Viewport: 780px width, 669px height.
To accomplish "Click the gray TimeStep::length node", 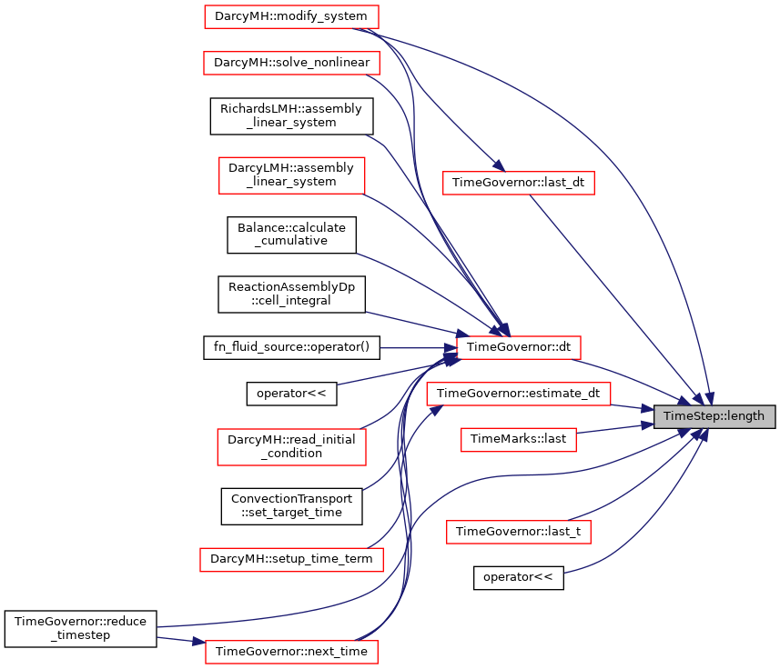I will point(714,416).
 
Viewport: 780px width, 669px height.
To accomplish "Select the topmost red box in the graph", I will point(291,16).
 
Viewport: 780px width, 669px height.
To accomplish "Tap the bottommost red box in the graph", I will point(291,652).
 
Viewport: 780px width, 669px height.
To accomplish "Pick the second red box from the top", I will point(291,63).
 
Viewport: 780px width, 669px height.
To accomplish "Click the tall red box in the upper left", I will point(291,175).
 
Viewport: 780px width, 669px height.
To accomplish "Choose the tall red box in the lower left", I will point(291,447).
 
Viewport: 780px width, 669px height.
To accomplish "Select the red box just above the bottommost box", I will point(291,559).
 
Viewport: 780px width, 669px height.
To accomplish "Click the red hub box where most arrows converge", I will point(518,347).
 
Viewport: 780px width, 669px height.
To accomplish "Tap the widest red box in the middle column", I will point(518,394).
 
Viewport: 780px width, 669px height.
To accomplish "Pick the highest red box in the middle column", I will point(518,183).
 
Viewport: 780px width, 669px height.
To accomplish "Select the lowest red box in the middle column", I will point(518,532).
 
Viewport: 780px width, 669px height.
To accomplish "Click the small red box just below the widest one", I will point(518,440).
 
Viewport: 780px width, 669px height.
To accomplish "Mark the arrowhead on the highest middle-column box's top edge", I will point(497,166).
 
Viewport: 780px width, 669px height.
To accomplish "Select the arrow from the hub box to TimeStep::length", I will point(637,381).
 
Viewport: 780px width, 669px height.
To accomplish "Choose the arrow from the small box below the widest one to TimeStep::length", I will point(614,427).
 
